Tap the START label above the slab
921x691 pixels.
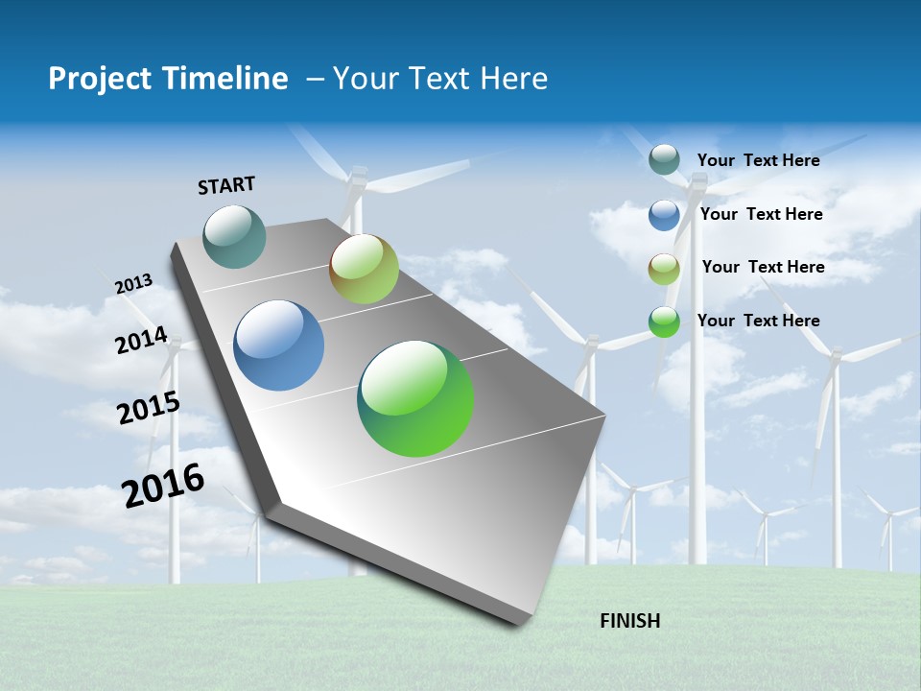(226, 185)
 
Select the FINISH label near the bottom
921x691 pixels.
(630, 621)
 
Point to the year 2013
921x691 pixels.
(133, 284)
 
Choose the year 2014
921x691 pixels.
(142, 340)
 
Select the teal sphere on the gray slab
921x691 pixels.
(235, 236)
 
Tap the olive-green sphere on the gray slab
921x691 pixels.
(364, 269)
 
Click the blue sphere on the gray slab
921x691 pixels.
(279, 345)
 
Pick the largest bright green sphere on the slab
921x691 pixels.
(415, 398)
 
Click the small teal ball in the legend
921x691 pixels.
(664, 160)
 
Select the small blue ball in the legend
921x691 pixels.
(664, 215)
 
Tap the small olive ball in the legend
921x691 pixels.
(664, 269)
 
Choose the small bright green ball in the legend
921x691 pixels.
(664, 322)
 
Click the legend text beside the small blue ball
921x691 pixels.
(761, 214)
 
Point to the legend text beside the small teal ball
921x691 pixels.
(758, 160)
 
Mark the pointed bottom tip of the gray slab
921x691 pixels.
(522, 623)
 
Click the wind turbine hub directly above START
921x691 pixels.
(358, 179)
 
